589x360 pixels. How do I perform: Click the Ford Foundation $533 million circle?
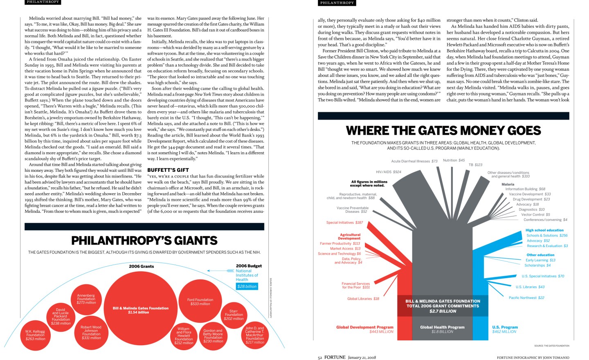point(200,301)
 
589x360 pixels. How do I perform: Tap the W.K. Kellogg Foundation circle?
point(35,335)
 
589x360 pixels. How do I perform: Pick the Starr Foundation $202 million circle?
point(234,315)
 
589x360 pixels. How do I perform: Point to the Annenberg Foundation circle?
point(86,299)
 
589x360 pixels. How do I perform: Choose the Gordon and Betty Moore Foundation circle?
point(213,335)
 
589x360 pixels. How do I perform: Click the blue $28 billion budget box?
point(247,286)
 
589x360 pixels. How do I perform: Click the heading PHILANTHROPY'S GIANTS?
point(144,241)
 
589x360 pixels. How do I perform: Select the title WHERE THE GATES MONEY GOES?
point(443,130)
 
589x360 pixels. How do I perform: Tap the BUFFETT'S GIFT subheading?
point(168,170)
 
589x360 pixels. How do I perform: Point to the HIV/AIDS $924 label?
point(389,172)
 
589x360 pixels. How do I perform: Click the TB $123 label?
point(475,164)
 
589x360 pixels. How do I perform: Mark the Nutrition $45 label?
point(454,160)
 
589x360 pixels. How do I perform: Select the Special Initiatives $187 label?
point(344,223)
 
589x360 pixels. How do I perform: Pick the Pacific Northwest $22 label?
point(526,297)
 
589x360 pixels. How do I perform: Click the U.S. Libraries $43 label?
point(530,287)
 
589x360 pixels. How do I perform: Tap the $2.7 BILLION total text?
point(443,311)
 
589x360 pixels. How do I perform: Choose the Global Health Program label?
point(442,327)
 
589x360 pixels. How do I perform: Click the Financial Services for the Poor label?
point(355,285)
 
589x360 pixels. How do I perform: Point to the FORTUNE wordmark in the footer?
point(335,357)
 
